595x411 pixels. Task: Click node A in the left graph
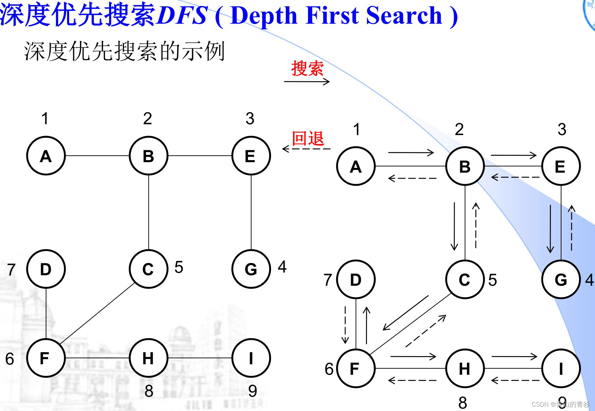[x=46, y=156]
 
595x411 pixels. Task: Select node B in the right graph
[x=465, y=166]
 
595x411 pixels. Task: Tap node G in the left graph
[x=251, y=269]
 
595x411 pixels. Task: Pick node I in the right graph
[x=561, y=368]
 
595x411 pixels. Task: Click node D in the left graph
[x=46, y=269]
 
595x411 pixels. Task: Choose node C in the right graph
[x=465, y=280]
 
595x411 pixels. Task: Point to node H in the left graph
[x=148, y=358]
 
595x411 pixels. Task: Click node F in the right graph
[x=356, y=368]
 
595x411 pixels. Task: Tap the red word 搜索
[x=307, y=68]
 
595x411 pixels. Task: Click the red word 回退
[x=308, y=138]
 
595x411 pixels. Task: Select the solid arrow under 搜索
[x=307, y=81]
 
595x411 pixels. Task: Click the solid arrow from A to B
[x=411, y=152]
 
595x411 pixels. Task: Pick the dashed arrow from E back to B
[x=515, y=177]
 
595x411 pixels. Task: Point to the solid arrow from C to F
[x=406, y=313]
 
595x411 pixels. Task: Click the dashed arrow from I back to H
[x=515, y=381]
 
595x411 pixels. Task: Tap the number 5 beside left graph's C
[x=179, y=267]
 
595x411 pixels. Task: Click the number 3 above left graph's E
[x=250, y=118]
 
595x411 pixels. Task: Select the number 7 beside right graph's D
[x=328, y=280]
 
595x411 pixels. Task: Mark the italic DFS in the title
[x=182, y=15]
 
